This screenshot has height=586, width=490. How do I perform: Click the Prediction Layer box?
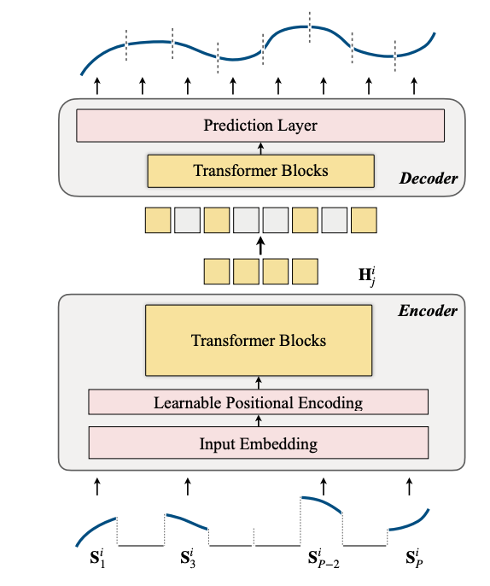pos(260,126)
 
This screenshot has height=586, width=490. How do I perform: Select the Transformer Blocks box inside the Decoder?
pos(260,171)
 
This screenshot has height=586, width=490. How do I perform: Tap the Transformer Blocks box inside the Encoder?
pos(259,341)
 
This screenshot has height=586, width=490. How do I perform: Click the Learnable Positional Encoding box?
pos(258,402)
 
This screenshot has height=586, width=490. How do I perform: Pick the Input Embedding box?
pos(258,442)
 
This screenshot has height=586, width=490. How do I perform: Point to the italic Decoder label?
pos(429,179)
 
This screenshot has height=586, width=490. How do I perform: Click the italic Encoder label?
pos(428,311)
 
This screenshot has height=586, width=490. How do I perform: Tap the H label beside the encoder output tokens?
pos(367,276)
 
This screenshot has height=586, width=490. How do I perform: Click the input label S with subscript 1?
pos(97,558)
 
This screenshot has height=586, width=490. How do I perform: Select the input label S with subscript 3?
pos(188,558)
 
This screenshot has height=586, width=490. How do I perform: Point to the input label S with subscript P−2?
pos(324,558)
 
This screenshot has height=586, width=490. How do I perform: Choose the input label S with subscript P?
pos(414,558)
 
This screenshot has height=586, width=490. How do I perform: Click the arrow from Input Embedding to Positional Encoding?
pos(259,420)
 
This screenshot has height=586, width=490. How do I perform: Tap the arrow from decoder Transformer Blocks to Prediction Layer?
pos(260,149)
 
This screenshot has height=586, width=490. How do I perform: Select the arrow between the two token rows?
pos(261,246)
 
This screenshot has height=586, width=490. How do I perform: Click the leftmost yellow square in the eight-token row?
pos(158,220)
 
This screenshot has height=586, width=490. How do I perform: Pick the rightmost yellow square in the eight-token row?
pos(364,220)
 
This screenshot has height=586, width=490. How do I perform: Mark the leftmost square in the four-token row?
pos(217,272)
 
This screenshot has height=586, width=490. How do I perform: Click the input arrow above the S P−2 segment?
pos(324,486)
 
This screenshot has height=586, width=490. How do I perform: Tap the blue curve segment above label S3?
pos(187,520)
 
